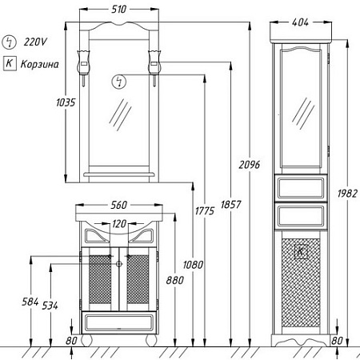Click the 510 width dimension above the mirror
tap(118, 10)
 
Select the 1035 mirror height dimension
tap(66, 102)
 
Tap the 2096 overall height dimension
tap(249, 165)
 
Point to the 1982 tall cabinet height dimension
tap(347, 194)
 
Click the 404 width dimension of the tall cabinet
tap(300, 22)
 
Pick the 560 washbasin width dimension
tap(119, 205)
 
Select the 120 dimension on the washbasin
tap(119, 224)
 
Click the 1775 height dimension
tap(205, 211)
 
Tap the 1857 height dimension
tap(230, 205)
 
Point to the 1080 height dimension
tap(193, 265)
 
